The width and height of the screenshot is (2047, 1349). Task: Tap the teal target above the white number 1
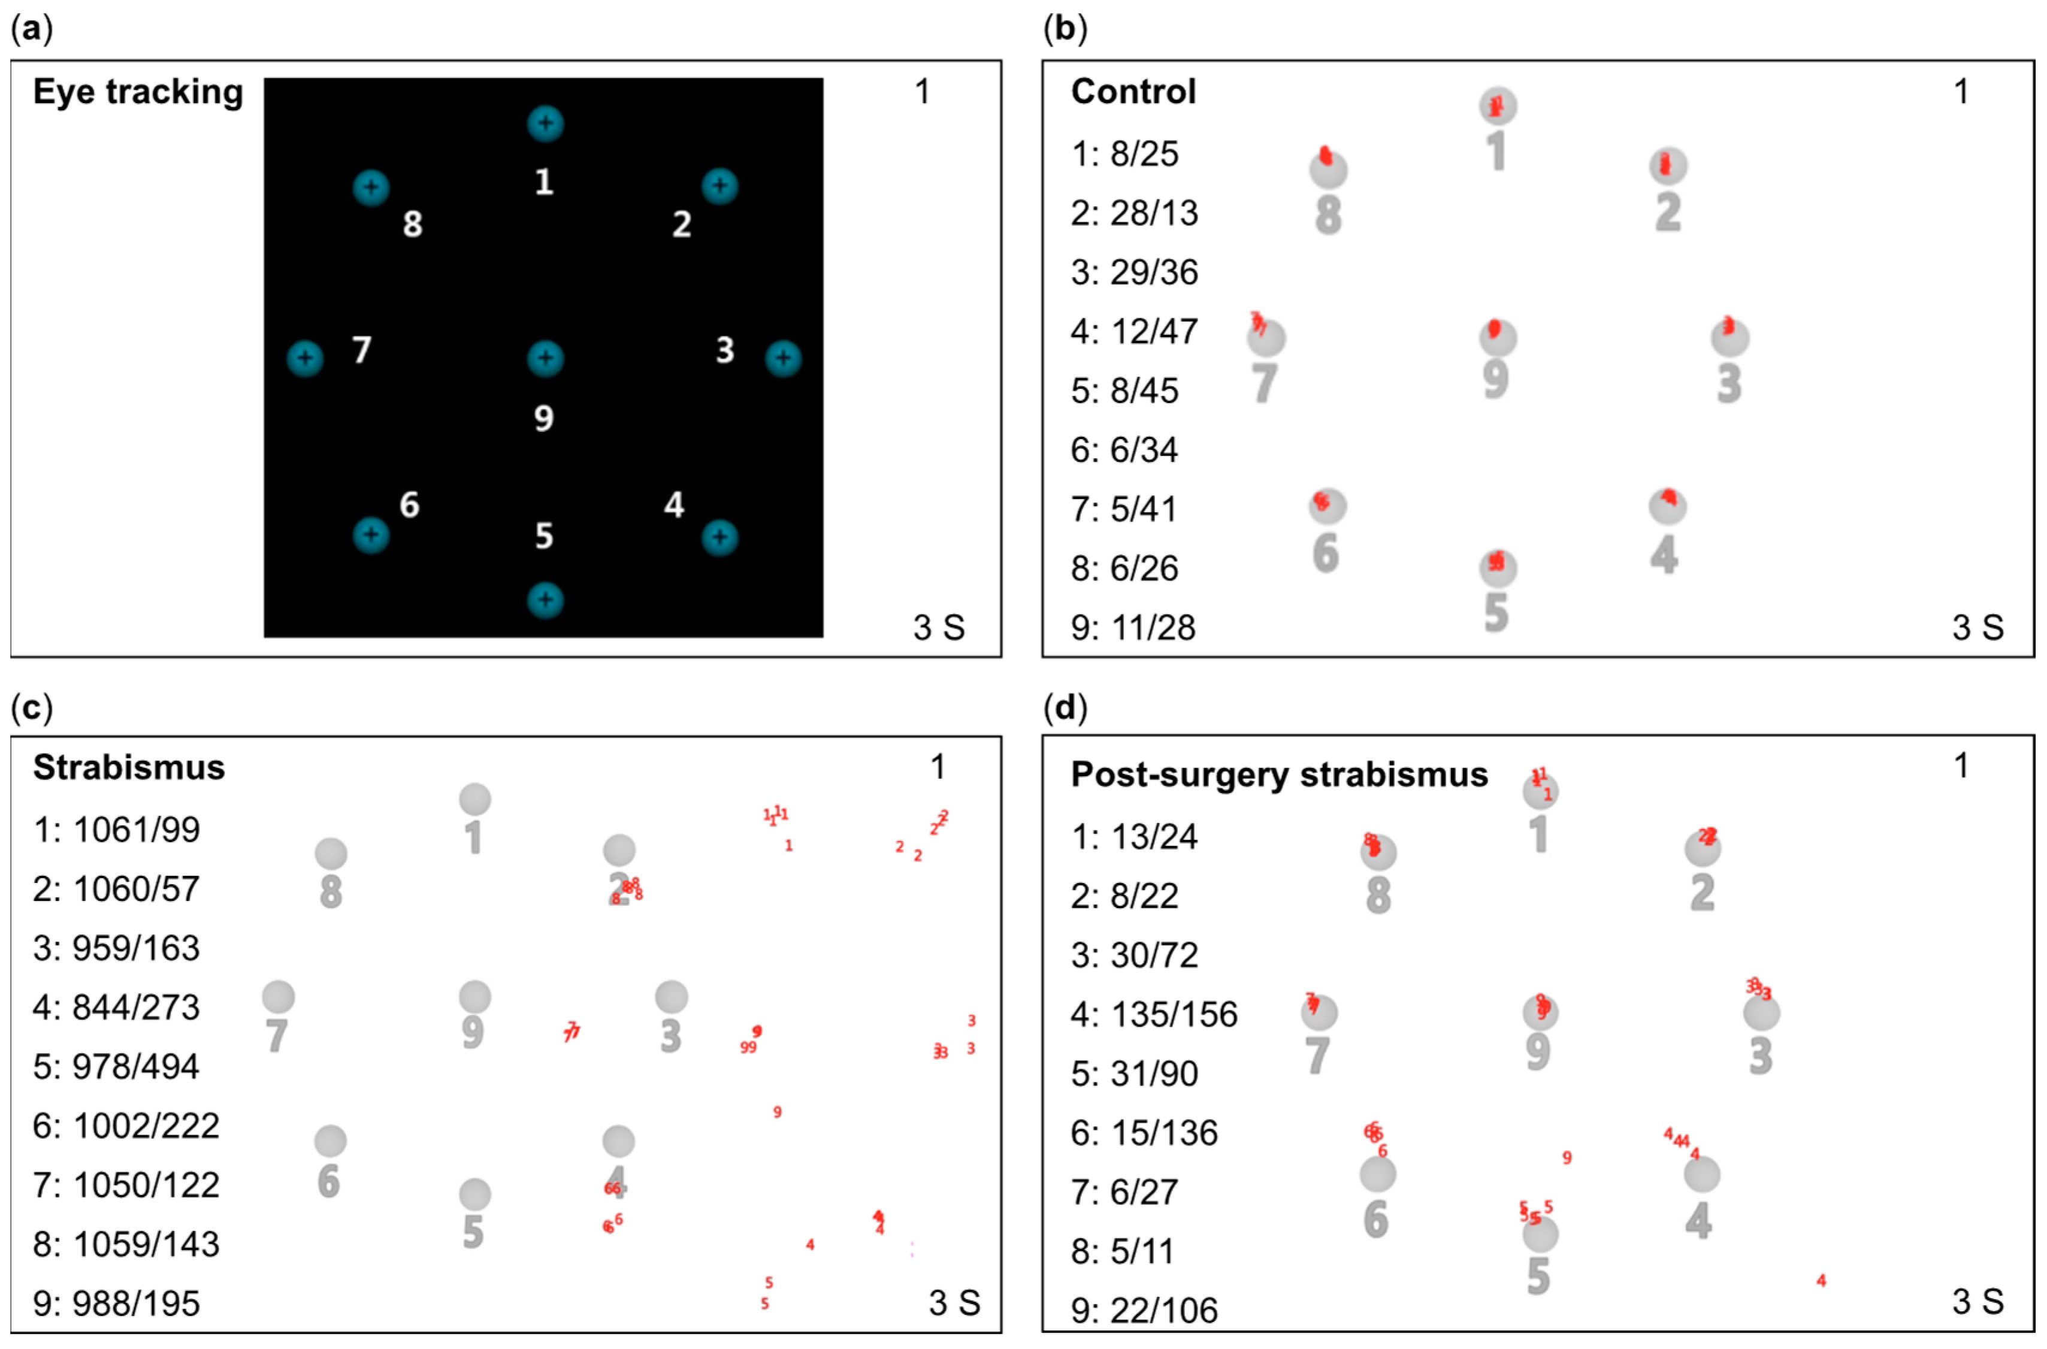coord(545,123)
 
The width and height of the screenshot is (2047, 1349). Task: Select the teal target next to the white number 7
coord(304,358)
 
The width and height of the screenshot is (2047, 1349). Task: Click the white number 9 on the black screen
coord(544,418)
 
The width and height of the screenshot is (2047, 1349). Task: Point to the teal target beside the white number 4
coord(719,538)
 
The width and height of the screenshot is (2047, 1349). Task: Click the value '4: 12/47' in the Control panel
coord(1133,331)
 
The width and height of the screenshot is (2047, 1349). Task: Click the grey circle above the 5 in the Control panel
coord(1497,568)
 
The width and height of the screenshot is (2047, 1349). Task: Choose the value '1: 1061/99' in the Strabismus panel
coord(116,830)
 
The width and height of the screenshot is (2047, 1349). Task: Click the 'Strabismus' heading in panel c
coord(129,767)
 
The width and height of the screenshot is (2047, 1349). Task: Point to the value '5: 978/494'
coord(116,1067)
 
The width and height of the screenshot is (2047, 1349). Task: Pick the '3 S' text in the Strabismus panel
coord(954,1302)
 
